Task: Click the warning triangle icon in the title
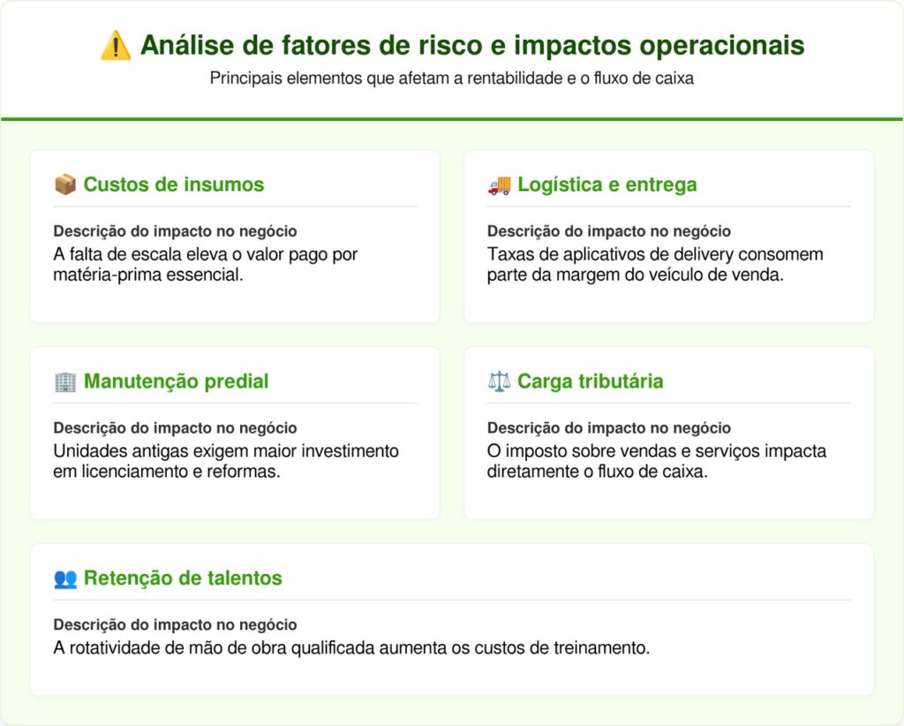coord(116,45)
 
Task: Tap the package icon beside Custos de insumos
coord(64,185)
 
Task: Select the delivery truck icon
coord(499,185)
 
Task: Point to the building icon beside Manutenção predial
coord(64,382)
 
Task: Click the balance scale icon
coord(499,382)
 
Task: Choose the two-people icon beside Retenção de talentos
coord(64,579)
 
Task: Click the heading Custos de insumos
coord(173,185)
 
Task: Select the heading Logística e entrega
coord(606,185)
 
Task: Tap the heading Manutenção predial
coord(176,382)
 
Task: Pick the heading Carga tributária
coord(590,382)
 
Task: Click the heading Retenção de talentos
coord(183,579)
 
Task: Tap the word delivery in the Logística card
coord(674,254)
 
